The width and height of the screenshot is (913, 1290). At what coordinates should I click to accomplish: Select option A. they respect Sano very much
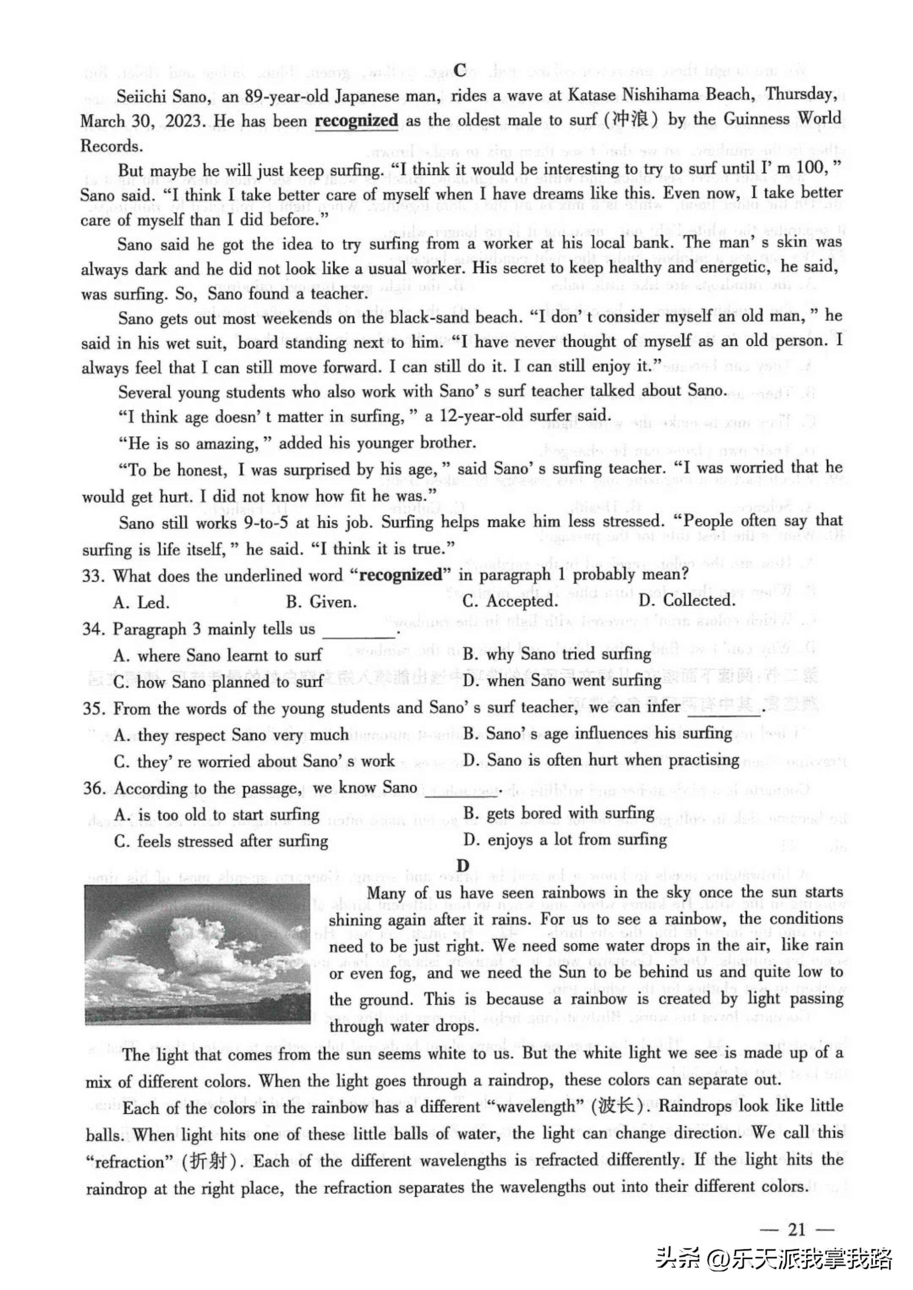coord(231,735)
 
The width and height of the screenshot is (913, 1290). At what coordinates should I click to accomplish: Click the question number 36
coord(94,788)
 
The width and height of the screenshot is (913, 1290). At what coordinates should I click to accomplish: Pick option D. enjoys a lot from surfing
coord(565,840)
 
